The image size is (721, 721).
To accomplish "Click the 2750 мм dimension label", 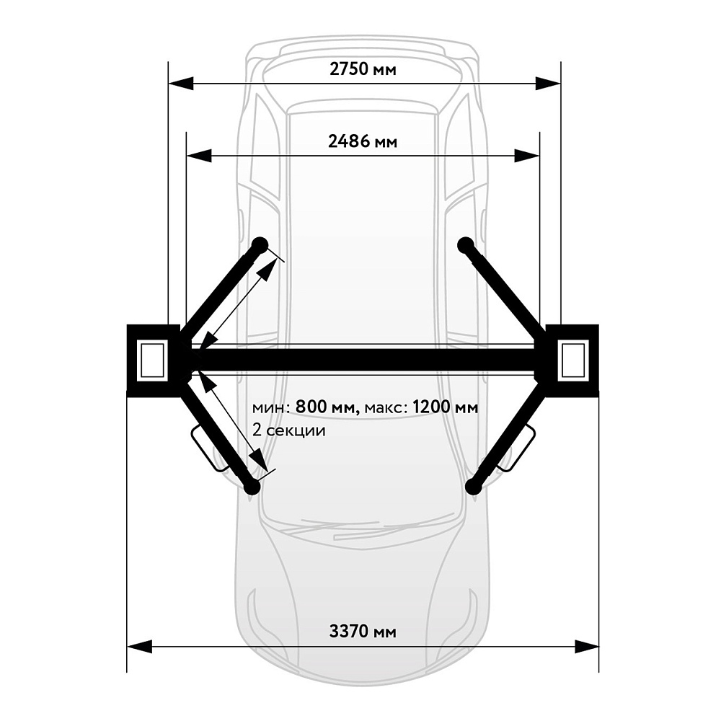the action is pyautogui.click(x=363, y=69).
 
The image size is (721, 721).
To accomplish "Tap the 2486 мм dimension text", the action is pyautogui.click(x=363, y=141).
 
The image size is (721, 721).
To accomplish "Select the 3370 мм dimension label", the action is pyautogui.click(x=363, y=632).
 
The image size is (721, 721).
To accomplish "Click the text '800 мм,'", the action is pyautogui.click(x=327, y=407).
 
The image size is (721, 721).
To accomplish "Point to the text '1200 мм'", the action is pyautogui.click(x=445, y=407).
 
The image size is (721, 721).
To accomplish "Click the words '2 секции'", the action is pyautogui.click(x=289, y=430).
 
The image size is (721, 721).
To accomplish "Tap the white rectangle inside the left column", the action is pyautogui.click(x=152, y=360).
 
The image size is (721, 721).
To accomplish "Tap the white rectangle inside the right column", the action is pyautogui.click(x=573, y=360).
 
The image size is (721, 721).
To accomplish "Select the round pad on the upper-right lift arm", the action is pyautogui.click(x=466, y=245).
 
